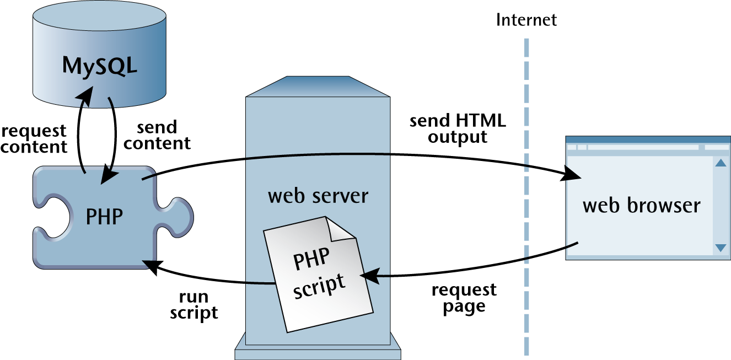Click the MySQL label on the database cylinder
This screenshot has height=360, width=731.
pyautogui.click(x=99, y=65)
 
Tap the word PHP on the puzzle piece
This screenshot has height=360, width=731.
pyautogui.click(x=104, y=217)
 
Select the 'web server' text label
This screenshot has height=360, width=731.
pyautogui.click(x=318, y=196)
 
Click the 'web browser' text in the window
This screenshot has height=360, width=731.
pyautogui.click(x=641, y=206)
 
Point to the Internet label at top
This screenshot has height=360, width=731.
pyautogui.click(x=526, y=20)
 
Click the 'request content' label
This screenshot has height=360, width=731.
pyautogui.click(x=34, y=139)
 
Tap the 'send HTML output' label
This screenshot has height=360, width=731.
pyautogui.click(x=457, y=128)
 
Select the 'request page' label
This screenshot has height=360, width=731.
pyautogui.click(x=464, y=298)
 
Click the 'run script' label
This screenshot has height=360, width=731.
pyautogui.click(x=193, y=304)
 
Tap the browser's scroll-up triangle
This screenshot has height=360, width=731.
pyautogui.click(x=720, y=163)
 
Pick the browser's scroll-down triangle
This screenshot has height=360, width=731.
pyautogui.click(x=720, y=248)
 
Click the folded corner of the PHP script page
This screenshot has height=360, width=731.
pyautogui.click(x=342, y=227)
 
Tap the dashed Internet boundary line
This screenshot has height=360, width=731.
pyautogui.click(x=526, y=193)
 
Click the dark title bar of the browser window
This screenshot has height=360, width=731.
pyautogui.click(x=648, y=139)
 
